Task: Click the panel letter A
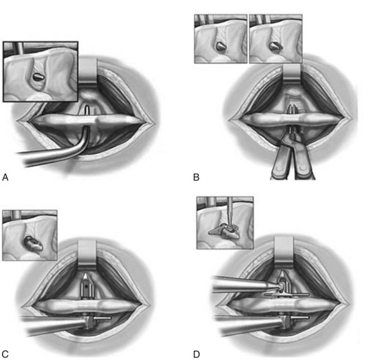[5, 177]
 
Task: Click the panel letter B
[196, 177]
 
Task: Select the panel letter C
[5, 354]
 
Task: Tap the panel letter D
[196, 354]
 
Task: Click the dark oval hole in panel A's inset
[37, 77]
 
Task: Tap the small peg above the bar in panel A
[87, 110]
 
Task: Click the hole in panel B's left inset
[221, 46]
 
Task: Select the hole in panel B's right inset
[275, 46]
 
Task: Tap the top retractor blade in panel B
[292, 74]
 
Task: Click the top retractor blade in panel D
[284, 251]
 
